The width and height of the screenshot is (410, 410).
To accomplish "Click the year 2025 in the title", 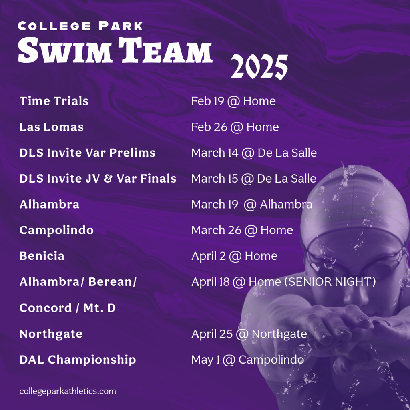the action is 259,67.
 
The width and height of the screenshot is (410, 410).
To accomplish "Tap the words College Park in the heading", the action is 80,26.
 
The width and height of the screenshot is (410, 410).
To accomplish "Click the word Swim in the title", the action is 65,50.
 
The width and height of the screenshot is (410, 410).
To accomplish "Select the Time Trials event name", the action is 54,101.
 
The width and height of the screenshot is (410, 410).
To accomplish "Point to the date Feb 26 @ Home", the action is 235,127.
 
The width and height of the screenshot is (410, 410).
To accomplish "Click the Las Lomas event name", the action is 52,127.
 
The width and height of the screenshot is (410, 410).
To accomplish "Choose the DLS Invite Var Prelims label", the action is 87,153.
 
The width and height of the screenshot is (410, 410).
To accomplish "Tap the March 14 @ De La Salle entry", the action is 254,153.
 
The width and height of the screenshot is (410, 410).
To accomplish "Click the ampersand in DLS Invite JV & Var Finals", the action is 108,179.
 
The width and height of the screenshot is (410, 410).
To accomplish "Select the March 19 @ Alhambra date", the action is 252,205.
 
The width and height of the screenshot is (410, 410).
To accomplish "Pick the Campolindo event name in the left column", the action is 56,230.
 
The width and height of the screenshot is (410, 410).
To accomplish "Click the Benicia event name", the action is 42,256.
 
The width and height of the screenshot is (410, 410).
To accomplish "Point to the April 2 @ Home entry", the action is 234,256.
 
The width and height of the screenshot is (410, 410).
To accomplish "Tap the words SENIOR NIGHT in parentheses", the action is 330,282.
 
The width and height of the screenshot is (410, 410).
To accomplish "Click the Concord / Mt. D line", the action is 67,308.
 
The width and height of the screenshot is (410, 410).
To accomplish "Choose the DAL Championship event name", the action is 78,360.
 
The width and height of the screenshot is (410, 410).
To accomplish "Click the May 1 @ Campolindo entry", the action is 247,360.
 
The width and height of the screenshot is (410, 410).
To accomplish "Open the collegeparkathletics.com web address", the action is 67,392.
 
